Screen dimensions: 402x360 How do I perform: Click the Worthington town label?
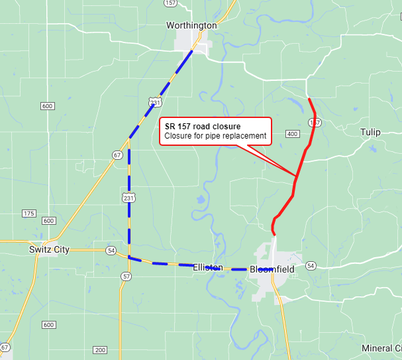[x=191, y=25]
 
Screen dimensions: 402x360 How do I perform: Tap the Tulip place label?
[x=370, y=132]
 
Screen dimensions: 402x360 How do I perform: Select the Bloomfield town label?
[x=272, y=269]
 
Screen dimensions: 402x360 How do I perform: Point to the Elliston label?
[x=207, y=267]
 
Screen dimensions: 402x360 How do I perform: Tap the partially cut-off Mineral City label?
[x=381, y=349]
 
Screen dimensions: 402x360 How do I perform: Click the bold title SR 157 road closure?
[x=203, y=126]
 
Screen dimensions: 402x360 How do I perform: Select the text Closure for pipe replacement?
[x=215, y=137]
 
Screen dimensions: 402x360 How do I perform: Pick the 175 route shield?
[x=28, y=213]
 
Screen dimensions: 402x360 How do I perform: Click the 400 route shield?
[x=292, y=135]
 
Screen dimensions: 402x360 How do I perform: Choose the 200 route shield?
[x=100, y=350]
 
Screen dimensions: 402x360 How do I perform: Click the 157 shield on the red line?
[x=315, y=123]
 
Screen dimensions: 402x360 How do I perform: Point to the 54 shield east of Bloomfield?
[x=311, y=266]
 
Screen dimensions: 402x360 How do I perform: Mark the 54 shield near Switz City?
[x=111, y=251]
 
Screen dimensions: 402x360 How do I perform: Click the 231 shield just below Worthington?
[x=154, y=101]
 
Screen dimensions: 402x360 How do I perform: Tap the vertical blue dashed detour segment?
[x=129, y=199]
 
